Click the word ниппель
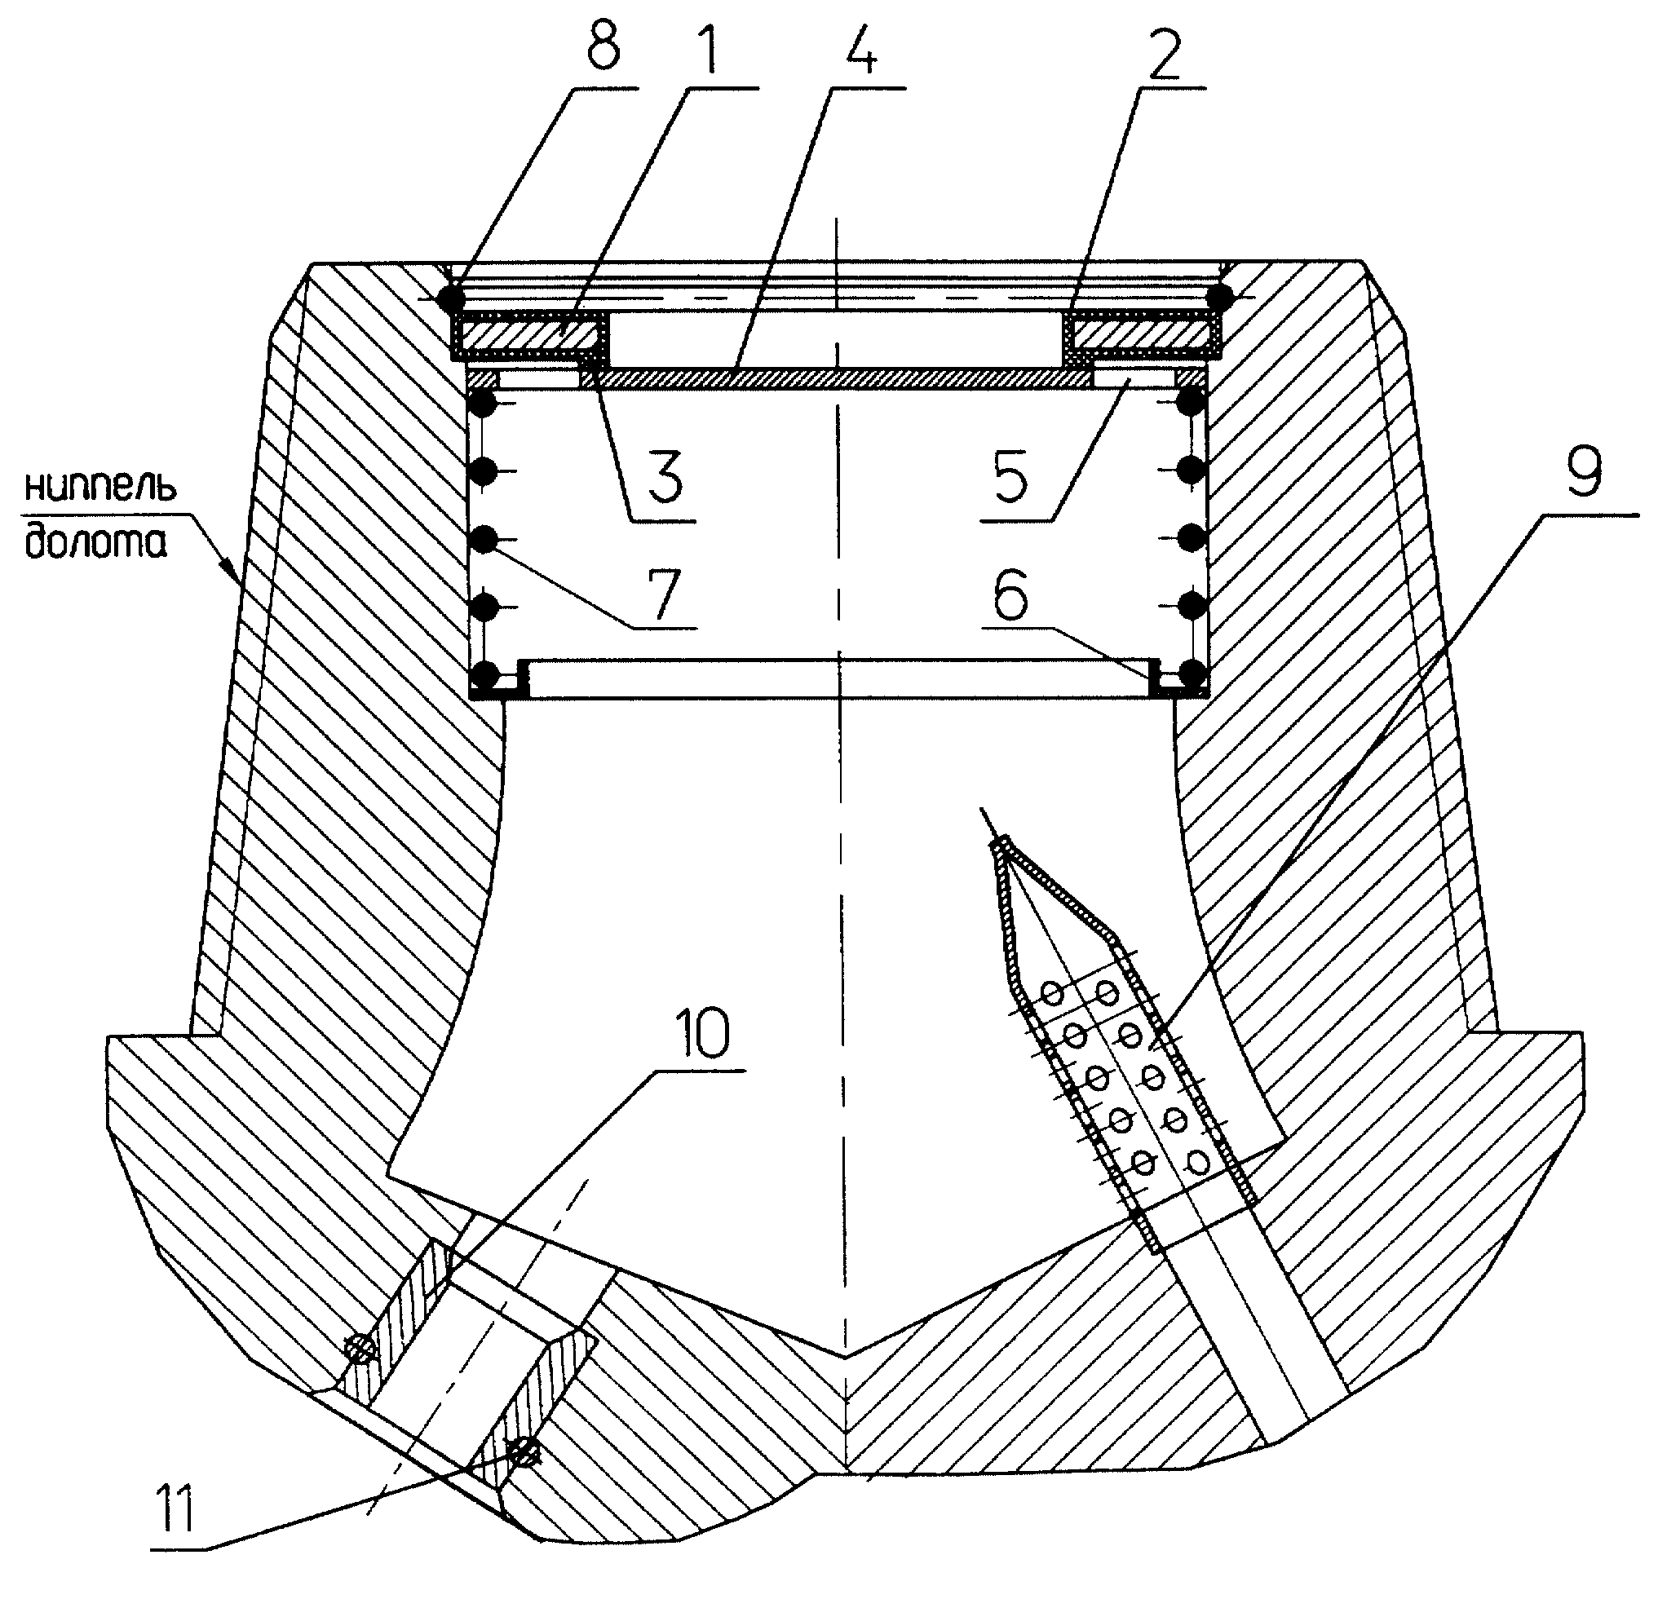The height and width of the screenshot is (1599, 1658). click(x=100, y=488)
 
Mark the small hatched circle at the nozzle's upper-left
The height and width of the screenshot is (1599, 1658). click(x=360, y=1348)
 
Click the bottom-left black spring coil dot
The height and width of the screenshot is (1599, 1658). click(x=485, y=674)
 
